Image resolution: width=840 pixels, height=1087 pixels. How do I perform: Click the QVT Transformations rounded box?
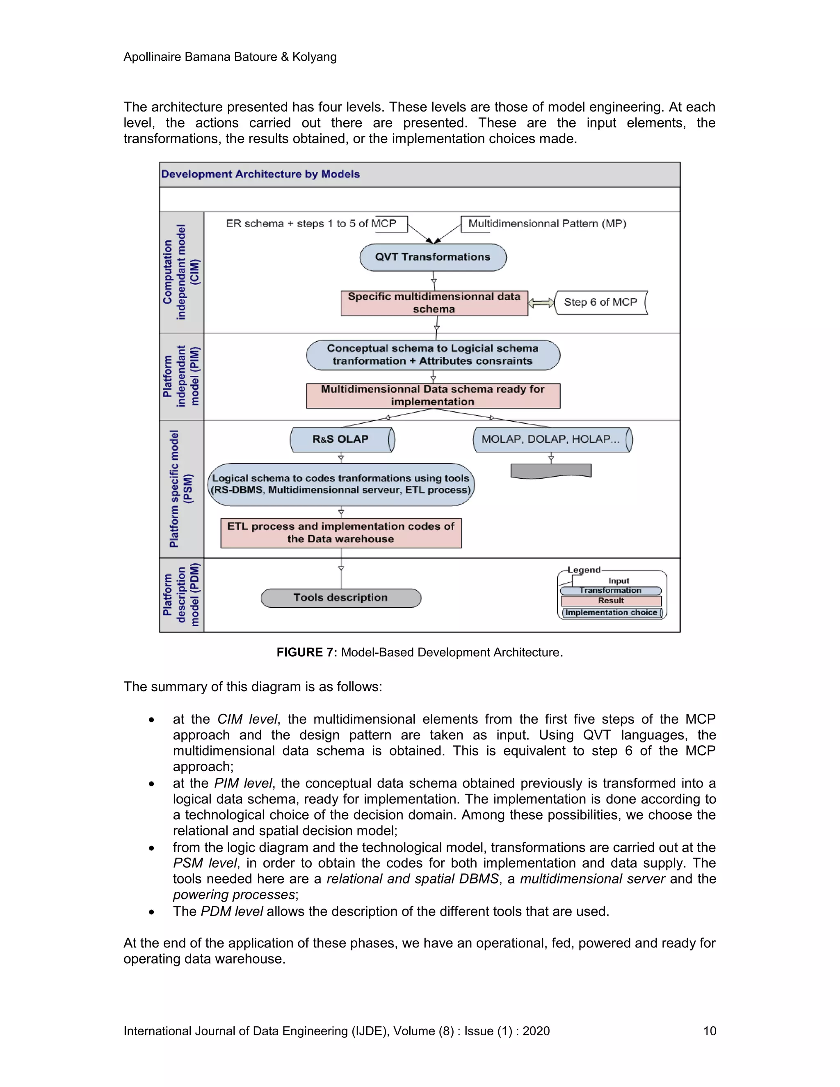pos(433,257)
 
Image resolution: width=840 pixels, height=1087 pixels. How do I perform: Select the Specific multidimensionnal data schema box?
pos(434,303)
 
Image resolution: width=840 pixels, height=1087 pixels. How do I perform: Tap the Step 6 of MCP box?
pos(600,303)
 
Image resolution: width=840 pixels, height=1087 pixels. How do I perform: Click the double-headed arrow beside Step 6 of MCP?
pos(541,303)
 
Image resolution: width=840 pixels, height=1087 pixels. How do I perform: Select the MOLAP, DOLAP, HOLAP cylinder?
pos(551,439)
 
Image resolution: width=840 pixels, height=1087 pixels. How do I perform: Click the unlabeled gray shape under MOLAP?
pos(551,470)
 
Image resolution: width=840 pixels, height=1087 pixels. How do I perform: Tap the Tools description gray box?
pos(341,598)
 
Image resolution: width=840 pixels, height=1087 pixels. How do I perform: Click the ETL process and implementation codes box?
pos(341,532)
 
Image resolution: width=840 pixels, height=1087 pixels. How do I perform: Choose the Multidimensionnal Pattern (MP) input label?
pos(546,224)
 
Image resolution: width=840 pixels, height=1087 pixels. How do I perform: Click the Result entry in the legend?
pos(611,601)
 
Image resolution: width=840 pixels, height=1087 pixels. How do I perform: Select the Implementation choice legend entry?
pos(612,613)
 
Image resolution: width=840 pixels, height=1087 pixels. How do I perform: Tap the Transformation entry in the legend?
pos(611,590)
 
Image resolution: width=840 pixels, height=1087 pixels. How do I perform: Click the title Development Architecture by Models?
pos(260,174)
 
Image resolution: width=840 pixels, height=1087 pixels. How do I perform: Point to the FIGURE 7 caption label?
pos(306,652)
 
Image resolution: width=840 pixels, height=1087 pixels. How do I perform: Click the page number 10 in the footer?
pos(709,1031)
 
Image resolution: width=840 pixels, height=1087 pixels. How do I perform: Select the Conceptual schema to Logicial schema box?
pos(433,355)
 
